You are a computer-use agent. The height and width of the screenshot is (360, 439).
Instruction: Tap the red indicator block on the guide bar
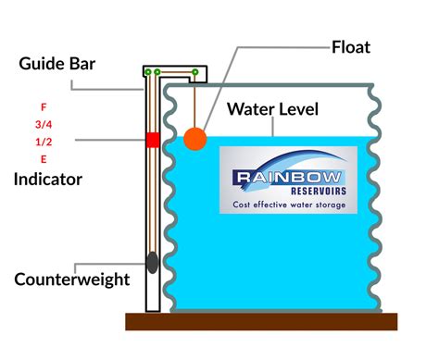(x=152, y=140)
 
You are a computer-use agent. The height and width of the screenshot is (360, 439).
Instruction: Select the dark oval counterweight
(x=152, y=263)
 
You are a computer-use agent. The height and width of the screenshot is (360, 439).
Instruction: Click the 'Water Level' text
(x=275, y=110)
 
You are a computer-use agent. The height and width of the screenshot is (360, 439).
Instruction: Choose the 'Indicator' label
(x=47, y=178)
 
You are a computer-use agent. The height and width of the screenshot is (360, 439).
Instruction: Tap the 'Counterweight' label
(x=72, y=279)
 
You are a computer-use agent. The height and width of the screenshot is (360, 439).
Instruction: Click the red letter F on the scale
(x=43, y=106)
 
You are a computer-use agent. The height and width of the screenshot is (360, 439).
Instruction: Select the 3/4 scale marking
(x=43, y=123)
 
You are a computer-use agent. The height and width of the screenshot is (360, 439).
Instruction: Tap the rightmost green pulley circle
(x=194, y=72)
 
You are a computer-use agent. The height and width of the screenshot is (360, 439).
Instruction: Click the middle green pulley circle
(x=157, y=72)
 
